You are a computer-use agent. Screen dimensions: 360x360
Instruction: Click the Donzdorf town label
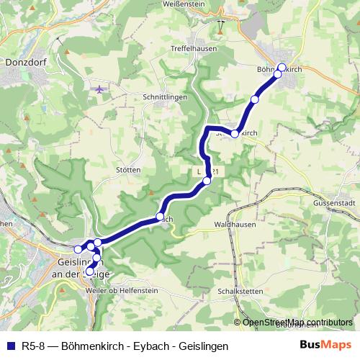pos(25,63)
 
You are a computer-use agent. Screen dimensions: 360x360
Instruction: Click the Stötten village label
pos(128,170)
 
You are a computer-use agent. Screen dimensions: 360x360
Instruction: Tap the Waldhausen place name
pos(235,225)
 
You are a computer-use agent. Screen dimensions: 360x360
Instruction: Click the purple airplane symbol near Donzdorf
pos(99,89)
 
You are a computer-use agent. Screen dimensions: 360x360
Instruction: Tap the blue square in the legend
pos(9,346)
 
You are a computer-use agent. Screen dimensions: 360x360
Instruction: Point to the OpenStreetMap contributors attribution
pos(297,322)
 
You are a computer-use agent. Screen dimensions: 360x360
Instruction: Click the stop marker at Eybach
pos(160,217)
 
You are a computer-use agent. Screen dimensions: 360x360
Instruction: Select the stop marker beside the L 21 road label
pos(207,181)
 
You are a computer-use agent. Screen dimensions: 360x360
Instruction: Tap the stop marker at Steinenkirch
pos(235,134)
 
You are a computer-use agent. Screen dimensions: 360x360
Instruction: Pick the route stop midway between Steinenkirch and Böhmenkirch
pos(254,99)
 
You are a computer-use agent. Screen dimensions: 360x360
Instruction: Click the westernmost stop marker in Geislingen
pos(78,249)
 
